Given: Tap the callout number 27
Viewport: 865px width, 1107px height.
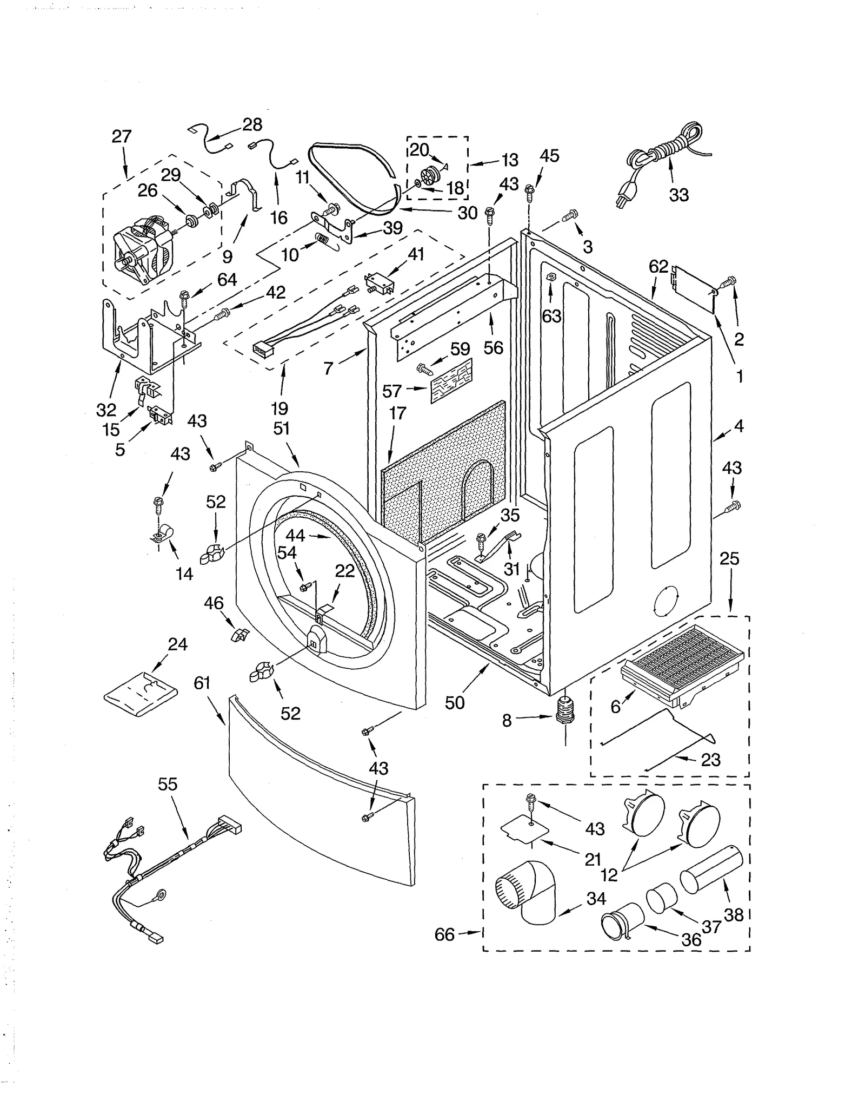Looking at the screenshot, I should (x=122, y=136).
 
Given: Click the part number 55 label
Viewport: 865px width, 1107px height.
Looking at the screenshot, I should (x=168, y=784).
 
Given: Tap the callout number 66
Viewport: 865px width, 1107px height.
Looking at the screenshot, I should (x=444, y=934).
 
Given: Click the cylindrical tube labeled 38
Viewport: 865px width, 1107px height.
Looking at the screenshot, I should (x=710, y=871).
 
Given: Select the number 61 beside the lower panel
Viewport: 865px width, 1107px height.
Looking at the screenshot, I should (x=202, y=684).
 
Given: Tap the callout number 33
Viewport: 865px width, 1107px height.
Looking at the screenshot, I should (x=678, y=195).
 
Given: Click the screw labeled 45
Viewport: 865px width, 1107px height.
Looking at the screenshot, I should (x=530, y=189).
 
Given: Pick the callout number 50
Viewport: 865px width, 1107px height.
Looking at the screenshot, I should (x=455, y=703).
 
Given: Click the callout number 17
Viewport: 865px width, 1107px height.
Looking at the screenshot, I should (x=397, y=413).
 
